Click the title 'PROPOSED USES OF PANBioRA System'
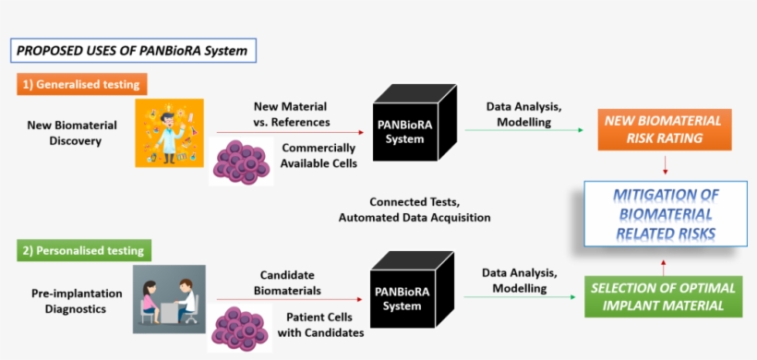click(x=132, y=50)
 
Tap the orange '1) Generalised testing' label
click(x=81, y=85)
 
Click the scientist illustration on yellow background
click(x=169, y=133)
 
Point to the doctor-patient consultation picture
click(x=169, y=299)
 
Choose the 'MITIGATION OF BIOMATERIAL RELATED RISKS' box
click(x=665, y=214)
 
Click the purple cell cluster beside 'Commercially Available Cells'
click(x=242, y=161)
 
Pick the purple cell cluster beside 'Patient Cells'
click(x=242, y=328)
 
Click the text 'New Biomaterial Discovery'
click(x=65, y=133)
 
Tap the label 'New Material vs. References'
click(x=290, y=114)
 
